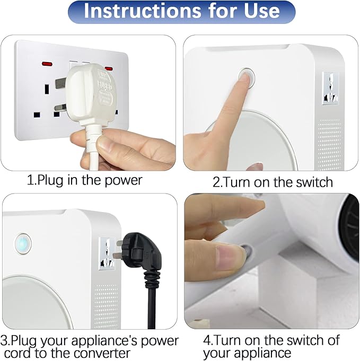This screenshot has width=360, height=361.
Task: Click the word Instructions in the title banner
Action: click(x=142, y=11)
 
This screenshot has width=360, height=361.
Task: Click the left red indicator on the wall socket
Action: click(x=47, y=64)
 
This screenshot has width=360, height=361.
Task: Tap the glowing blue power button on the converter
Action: click(x=23, y=244)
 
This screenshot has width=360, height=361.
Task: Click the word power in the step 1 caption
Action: click(x=124, y=180)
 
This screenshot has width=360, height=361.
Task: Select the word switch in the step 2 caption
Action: click(x=314, y=182)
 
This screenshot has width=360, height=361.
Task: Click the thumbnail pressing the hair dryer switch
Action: click(x=226, y=257)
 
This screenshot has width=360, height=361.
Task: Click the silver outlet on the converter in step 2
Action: click(x=330, y=88)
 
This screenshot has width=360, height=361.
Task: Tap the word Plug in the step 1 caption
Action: click(x=49, y=181)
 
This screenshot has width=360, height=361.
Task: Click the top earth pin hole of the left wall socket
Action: click(x=47, y=89)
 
